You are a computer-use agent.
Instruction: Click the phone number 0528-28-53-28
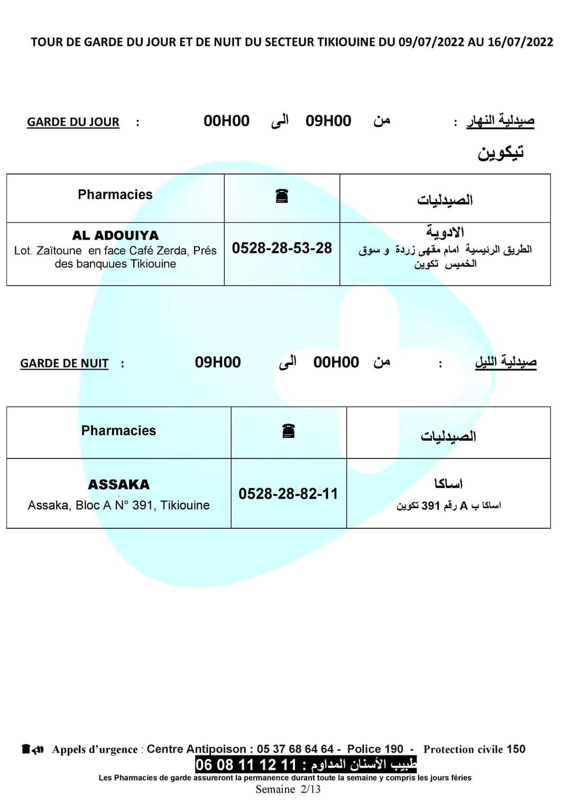(x=282, y=248)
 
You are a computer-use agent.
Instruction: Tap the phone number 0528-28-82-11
(x=288, y=494)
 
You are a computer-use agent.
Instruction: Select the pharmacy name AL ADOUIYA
(x=115, y=235)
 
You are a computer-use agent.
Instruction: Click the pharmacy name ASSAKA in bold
(x=118, y=484)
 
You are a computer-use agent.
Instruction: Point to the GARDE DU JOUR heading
(x=73, y=122)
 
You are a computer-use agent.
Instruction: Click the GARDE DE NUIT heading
(x=64, y=363)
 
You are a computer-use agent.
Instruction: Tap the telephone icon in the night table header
(x=288, y=431)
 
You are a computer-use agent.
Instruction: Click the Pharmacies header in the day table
(x=115, y=195)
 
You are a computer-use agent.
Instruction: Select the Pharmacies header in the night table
(x=118, y=430)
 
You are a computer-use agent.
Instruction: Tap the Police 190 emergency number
(x=375, y=749)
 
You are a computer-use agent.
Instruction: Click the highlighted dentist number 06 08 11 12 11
(x=246, y=765)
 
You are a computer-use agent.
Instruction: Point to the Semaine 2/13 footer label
(x=288, y=789)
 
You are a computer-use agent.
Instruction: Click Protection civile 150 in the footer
(x=474, y=749)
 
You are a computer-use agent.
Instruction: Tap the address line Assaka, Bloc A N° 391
(x=118, y=506)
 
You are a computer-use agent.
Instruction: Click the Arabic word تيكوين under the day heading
(x=501, y=153)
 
